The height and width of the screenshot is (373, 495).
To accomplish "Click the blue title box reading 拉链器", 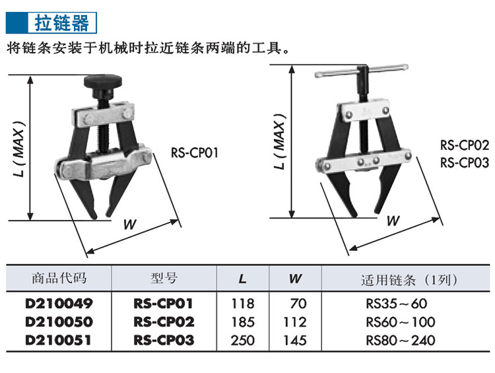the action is click(51, 22).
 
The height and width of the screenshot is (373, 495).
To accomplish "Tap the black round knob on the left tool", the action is click(103, 81).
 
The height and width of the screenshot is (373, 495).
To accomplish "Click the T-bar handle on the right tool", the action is click(362, 71).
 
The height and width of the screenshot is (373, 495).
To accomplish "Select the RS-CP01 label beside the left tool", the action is click(195, 153).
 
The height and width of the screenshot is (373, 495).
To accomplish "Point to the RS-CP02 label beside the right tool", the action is click(465, 145).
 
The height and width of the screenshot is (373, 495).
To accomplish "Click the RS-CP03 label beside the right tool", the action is click(465, 163).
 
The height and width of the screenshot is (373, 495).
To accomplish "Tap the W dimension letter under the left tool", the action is click(130, 224).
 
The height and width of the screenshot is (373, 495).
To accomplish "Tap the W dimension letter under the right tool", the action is click(393, 220).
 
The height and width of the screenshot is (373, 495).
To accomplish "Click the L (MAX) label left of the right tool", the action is click(280, 141).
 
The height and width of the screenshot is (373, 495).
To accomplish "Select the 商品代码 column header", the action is click(59, 278).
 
